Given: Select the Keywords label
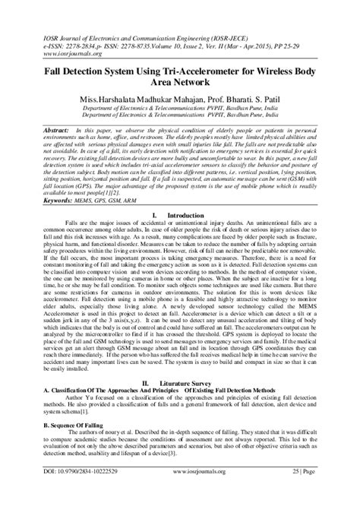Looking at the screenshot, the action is tap(42, 202).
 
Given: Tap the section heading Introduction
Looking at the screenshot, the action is tap(185, 216).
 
